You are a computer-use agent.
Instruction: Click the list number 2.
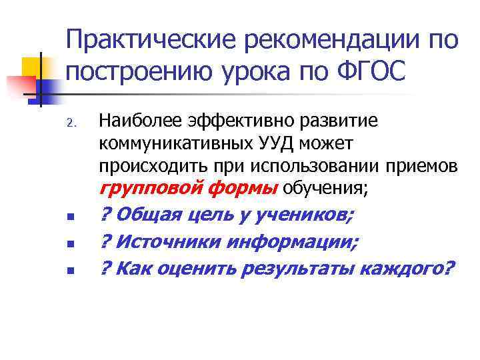click(74, 123)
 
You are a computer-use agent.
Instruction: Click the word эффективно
click(221, 121)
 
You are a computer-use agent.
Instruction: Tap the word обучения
click(325, 187)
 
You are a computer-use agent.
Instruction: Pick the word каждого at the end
click(407, 269)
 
